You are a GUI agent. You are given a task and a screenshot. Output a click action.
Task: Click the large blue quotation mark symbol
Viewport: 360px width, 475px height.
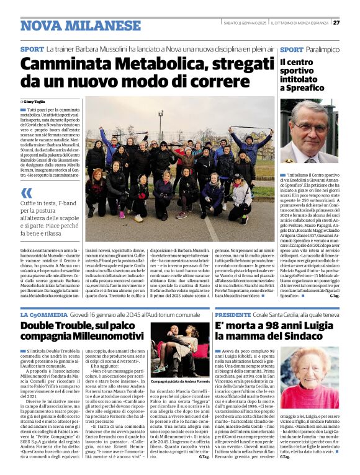[x=27, y=192]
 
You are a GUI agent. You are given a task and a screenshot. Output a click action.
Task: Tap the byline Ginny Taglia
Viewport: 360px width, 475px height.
[x=36, y=101]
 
